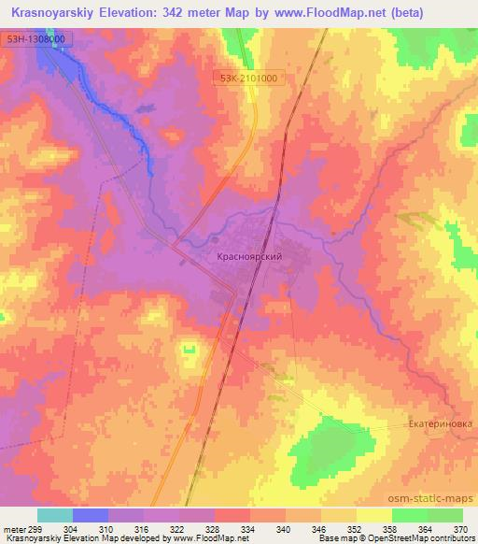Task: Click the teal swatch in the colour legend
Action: tap(55, 515)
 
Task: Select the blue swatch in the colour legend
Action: tap(91, 515)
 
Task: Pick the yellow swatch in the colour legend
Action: tap(373, 515)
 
